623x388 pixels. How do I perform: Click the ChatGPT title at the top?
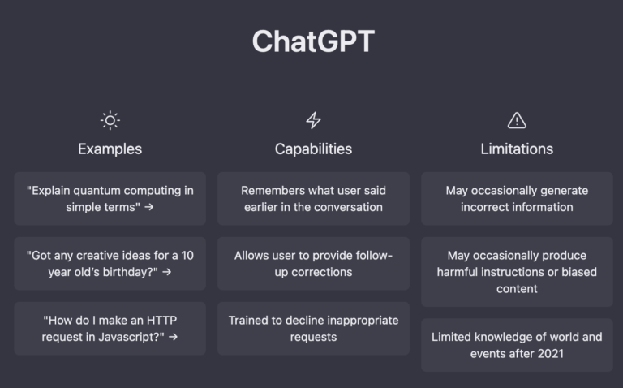tap(312, 41)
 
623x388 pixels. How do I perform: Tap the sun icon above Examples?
tap(110, 120)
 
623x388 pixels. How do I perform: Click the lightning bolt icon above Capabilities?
tap(313, 120)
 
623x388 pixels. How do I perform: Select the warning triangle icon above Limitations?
tap(517, 120)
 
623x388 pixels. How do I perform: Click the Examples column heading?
tap(110, 149)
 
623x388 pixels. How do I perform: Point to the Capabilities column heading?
tap(313, 149)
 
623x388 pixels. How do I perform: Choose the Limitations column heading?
tap(517, 149)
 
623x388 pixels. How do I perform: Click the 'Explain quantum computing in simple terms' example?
tap(110, 199)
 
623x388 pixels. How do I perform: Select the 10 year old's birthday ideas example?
tap(110, 264)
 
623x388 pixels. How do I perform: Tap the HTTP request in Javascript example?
tap(110, 329)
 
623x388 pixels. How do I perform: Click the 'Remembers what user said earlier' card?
tap(313, 199)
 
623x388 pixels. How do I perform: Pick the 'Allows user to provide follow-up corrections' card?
tap(313, 264)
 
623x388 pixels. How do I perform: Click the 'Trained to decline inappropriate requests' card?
tap(313, 329)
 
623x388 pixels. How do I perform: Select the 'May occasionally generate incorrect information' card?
tap(517, 199)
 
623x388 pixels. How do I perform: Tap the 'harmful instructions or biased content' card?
tap(517, 272)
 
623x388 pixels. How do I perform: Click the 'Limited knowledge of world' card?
tap(517, 345)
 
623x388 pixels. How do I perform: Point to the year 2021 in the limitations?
tap(550, 353)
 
